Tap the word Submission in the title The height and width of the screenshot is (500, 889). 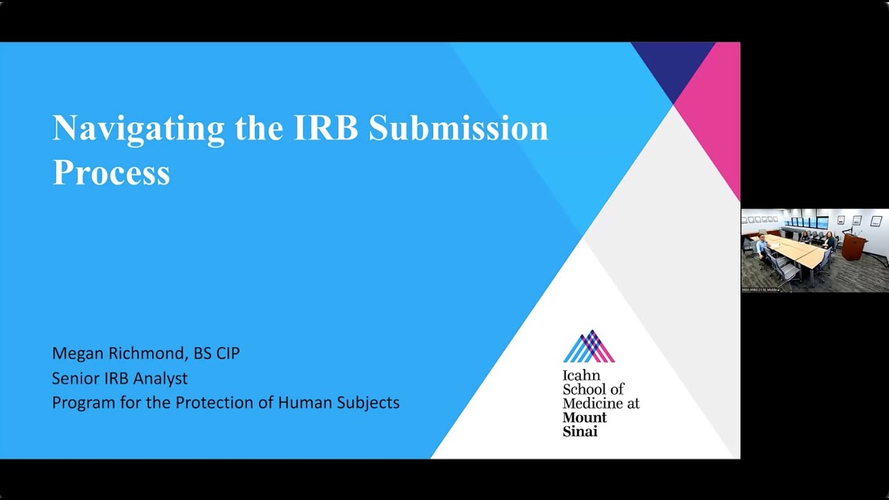(458, 128)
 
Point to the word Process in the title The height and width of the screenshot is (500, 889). (111, 172)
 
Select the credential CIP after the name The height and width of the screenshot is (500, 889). (227, 353)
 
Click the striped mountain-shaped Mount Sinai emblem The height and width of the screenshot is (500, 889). (589, 347)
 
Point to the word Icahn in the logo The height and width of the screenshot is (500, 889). (581, 376)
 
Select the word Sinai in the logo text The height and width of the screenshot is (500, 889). (580, 431)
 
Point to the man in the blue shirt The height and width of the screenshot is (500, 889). (762, 245)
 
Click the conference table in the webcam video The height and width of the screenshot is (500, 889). (799, 251)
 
